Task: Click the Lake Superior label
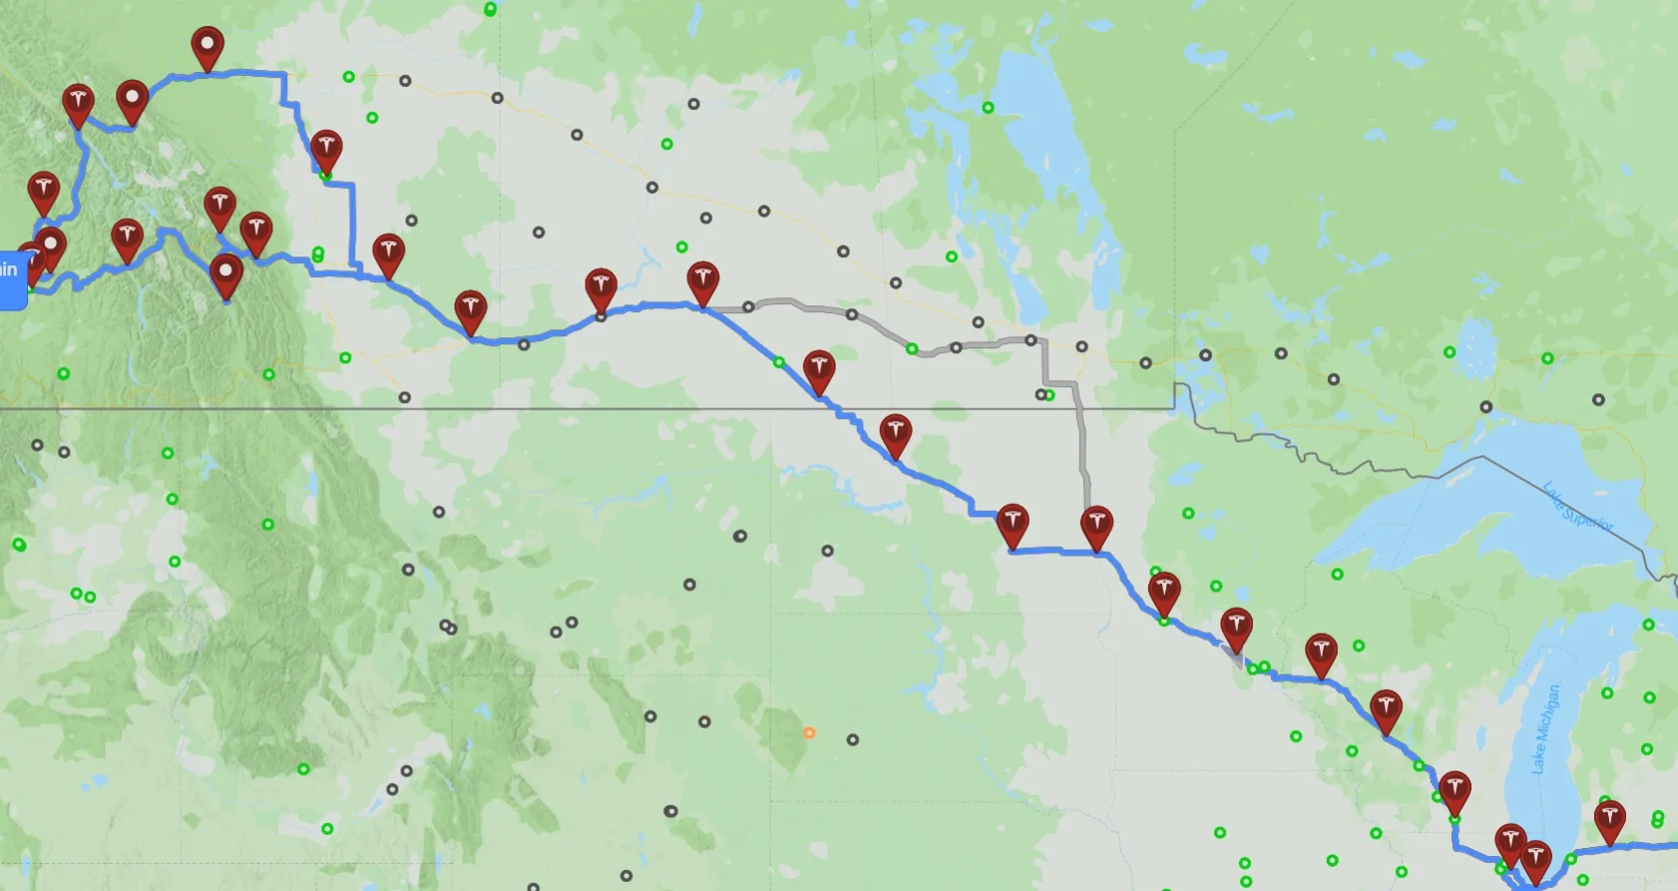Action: click(1577, 507)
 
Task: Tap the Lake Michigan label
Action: click(1544, 728)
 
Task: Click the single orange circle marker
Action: click(809, 732)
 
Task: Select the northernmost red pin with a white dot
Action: click(207, 46)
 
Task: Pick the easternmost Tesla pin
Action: click(1609, 821)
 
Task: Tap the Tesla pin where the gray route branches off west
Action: click(702, 282)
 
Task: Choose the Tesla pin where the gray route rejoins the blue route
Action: click(1096, 525)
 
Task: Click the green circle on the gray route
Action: click(912, 348)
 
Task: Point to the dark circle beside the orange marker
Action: click(852, 739)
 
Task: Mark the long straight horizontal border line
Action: click(599, 409)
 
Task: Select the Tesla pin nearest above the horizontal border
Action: click(818, 370)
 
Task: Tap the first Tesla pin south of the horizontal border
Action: click(895, 435)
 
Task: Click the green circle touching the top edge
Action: click(490, 9)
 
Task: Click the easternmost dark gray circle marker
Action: click(1598, 399)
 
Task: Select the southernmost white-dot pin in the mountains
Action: click(225, 274)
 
